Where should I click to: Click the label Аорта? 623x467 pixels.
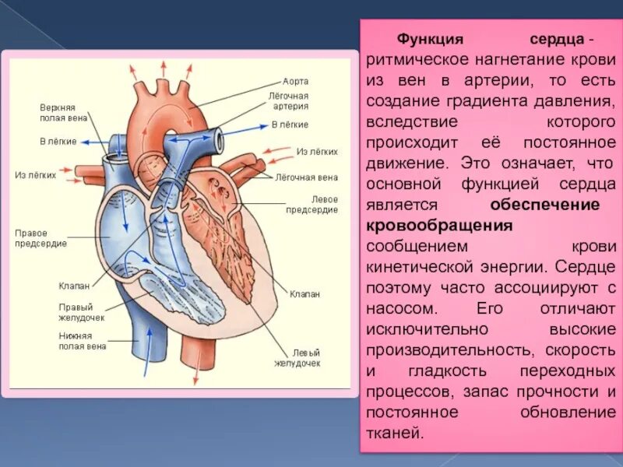(295, 81)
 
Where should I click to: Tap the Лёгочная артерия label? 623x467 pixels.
(288, 100)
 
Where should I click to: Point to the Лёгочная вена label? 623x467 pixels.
(305, 177)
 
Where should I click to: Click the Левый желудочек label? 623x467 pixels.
(296, 357)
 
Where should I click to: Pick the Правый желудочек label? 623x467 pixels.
(81, 312)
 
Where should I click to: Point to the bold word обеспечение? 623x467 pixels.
(544, 205)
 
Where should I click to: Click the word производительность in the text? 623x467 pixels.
(445, 349)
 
